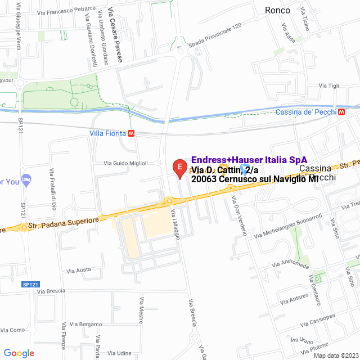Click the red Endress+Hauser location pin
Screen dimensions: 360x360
click(x=179, y=168)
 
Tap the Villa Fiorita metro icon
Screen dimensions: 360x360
click(x=132, y=134)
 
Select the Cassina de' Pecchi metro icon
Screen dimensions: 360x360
click(x=341, y=112)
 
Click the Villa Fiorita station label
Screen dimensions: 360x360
click(x=107, y=134)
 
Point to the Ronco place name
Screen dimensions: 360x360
click(x=278, y=10)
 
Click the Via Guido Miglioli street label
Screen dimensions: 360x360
click(x=126, y=163)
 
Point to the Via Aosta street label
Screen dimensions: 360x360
click(x=79, y=270)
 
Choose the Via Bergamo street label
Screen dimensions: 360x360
click(x=86, y=325)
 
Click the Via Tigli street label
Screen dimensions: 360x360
click(x=329, y=85)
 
